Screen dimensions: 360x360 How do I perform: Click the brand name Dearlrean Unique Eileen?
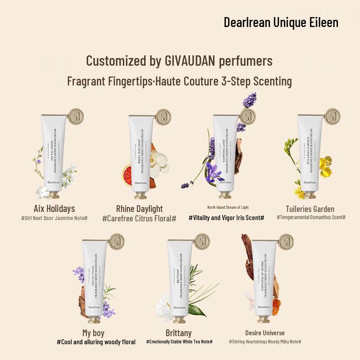281,22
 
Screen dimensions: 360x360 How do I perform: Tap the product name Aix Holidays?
54,209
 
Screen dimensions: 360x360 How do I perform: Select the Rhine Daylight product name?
139,209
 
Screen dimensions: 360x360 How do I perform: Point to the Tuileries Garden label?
310,209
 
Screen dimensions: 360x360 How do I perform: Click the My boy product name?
94,333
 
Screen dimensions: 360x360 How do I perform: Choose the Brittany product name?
179,333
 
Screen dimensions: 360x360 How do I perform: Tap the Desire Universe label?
265,333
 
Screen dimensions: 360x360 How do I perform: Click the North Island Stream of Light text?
228,207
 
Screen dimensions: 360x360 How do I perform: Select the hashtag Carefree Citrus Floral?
139,218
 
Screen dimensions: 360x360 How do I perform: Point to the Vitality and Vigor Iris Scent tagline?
226,218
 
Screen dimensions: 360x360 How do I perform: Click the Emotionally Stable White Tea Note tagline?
180,342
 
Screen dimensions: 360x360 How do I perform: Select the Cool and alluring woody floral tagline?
96,342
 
